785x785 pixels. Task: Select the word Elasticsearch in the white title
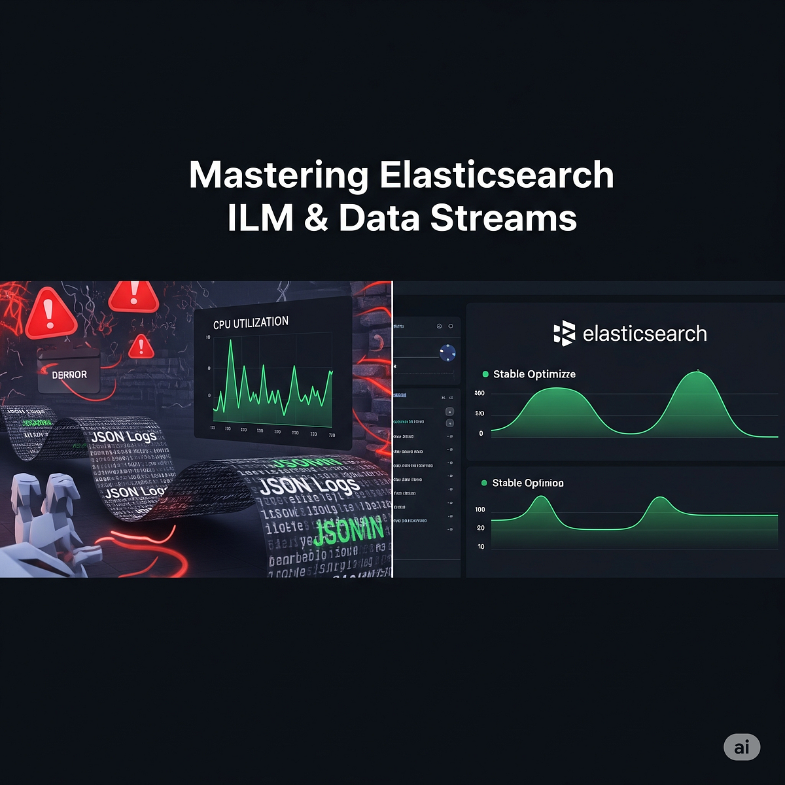click(x=497, y=175)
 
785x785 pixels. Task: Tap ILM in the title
click(x=259, y=218)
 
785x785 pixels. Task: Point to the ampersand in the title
click(x=316, y=218)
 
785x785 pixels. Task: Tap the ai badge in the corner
click(x=742, y=747)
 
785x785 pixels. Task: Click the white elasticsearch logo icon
click(x=564, y=334)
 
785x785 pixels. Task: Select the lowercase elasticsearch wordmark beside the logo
click(x=644, y=334)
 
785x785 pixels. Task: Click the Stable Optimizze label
click(x=534, y=374)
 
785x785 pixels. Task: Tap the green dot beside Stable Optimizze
click(x=485, y=374)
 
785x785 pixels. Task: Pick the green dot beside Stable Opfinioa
click(x=484, y=483)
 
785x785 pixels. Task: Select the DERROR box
click(x=69, y=374)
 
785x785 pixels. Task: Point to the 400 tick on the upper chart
click(x=480, y=393)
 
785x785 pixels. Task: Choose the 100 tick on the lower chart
click(x=480, y=509)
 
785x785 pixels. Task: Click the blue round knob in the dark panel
click(x=448, y=353)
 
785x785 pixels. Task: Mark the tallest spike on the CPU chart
click(x=230, y=341)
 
